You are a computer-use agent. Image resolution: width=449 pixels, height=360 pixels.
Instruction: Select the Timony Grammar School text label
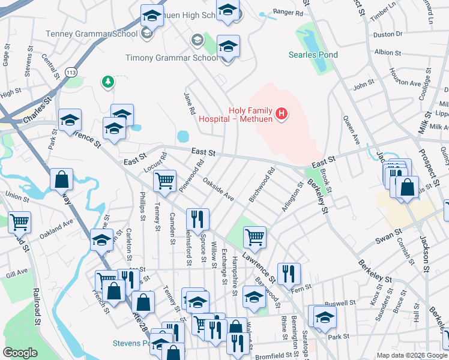172,58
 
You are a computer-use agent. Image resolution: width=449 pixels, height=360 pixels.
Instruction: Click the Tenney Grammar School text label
95,33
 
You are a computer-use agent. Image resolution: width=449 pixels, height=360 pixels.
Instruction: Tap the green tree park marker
108,81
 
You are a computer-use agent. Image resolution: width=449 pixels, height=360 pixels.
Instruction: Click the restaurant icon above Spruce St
197,218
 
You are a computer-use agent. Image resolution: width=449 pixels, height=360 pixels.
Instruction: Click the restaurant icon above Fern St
289,273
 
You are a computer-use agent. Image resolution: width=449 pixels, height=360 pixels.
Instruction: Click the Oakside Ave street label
218,188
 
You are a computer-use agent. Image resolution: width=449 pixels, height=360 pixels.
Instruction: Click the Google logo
20,353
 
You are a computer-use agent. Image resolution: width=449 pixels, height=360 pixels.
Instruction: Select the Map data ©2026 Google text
412,355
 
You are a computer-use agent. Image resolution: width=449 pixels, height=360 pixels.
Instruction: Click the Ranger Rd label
288,12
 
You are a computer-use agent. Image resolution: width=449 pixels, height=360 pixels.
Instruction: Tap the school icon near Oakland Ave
101,239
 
